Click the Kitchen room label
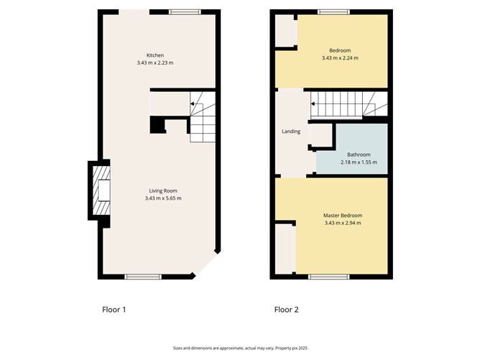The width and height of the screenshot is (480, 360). point(155,55)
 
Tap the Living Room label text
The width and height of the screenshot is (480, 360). point(163,190)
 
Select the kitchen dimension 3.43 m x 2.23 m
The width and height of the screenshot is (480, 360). point(155,63)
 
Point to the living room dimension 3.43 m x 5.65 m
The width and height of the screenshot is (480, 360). point(163,198)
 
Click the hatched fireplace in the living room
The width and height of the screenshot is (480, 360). point(101,190)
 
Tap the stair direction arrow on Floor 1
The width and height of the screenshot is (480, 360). point(193,104)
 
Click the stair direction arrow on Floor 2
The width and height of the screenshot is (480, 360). point(313,104)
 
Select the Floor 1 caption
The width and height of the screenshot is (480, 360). point(114,310)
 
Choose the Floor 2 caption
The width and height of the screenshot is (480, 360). point(286,310)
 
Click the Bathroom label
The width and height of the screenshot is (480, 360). point(359,154)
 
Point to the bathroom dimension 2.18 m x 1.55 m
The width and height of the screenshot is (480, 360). point(359,162)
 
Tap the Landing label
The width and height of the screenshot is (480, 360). point(291,131)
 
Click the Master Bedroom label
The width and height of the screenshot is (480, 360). point(343,216)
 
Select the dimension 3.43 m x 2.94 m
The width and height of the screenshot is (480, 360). point(343,223)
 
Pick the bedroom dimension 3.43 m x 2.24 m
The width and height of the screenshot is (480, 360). point(340,58)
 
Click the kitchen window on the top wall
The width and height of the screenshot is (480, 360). point(185,12)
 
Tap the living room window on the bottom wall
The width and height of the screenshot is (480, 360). point(143,277)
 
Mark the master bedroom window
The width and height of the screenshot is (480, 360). point(329,277)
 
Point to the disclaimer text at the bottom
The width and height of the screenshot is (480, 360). point(240,348)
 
